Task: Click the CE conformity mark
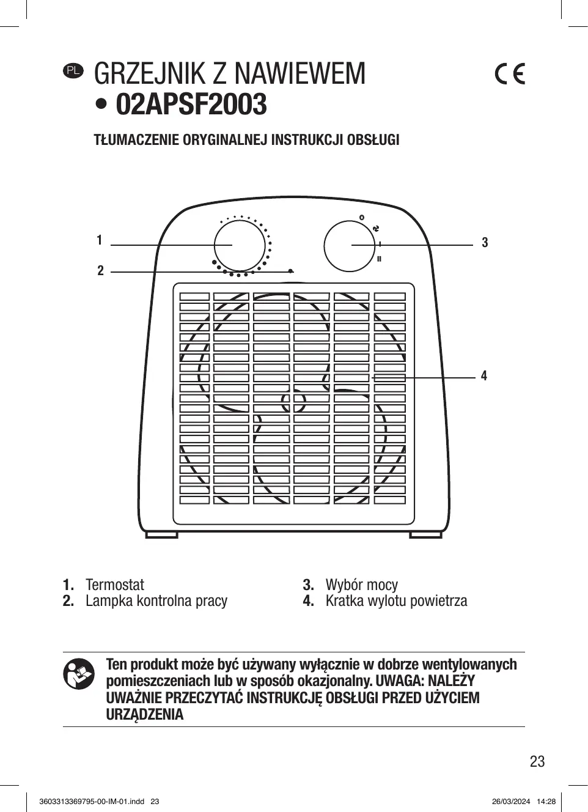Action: (509, 74)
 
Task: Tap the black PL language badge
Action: (73, 71)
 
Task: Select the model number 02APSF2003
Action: (191, 105)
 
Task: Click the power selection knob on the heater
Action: (348, 246)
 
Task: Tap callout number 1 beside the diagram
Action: (100, 240)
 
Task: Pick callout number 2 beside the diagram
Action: (101, 270)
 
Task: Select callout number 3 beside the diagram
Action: (485, 243)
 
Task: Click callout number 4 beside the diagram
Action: (484, 375)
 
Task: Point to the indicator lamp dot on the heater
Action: (291, 271)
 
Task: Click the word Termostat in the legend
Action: (115, 585)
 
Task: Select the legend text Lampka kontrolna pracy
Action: (156, 601)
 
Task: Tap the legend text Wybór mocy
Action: (361, 585)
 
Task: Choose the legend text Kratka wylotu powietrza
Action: (396, 601)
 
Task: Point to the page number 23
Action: (537, 761)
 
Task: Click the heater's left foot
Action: (161, 534)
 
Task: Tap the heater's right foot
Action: (425, 534)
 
